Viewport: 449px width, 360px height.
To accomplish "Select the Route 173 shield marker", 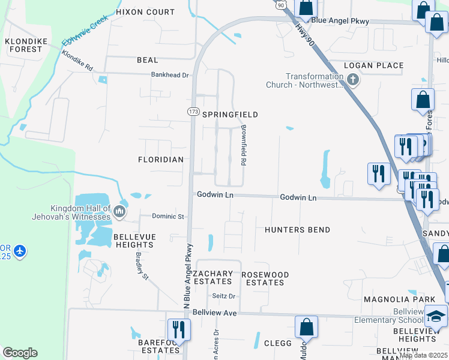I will (193, 112).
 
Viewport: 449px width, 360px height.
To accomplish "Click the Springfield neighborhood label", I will (230, 115).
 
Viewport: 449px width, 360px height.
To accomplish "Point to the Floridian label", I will (160, 160).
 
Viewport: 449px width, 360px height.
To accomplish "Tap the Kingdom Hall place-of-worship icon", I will (119, 211).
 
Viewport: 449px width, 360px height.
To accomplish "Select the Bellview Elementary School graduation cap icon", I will (436, 316).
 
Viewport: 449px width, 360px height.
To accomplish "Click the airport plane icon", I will (19, 250).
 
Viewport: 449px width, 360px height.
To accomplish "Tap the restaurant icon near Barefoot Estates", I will (178, 329).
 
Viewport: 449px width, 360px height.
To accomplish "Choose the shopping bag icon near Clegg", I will (306, 328).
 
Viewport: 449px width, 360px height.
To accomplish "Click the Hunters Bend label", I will (297, 230).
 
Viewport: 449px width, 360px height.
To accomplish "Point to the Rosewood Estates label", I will (265, 278).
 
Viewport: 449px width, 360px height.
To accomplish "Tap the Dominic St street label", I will (167, 216).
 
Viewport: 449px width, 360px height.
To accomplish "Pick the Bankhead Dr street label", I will (169, 76).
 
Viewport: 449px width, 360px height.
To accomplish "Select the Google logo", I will (20, 353).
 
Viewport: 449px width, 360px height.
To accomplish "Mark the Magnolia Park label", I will (390, 299).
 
